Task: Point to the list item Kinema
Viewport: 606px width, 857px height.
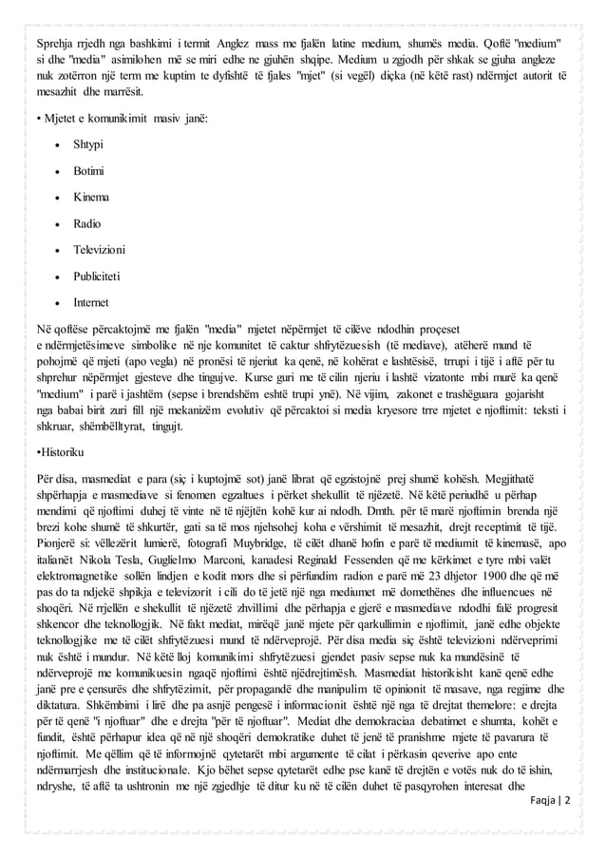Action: pos(91,197)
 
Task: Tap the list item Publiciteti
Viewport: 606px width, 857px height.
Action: pos(101,276)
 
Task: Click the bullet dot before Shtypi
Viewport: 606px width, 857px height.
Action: pos(60,146)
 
